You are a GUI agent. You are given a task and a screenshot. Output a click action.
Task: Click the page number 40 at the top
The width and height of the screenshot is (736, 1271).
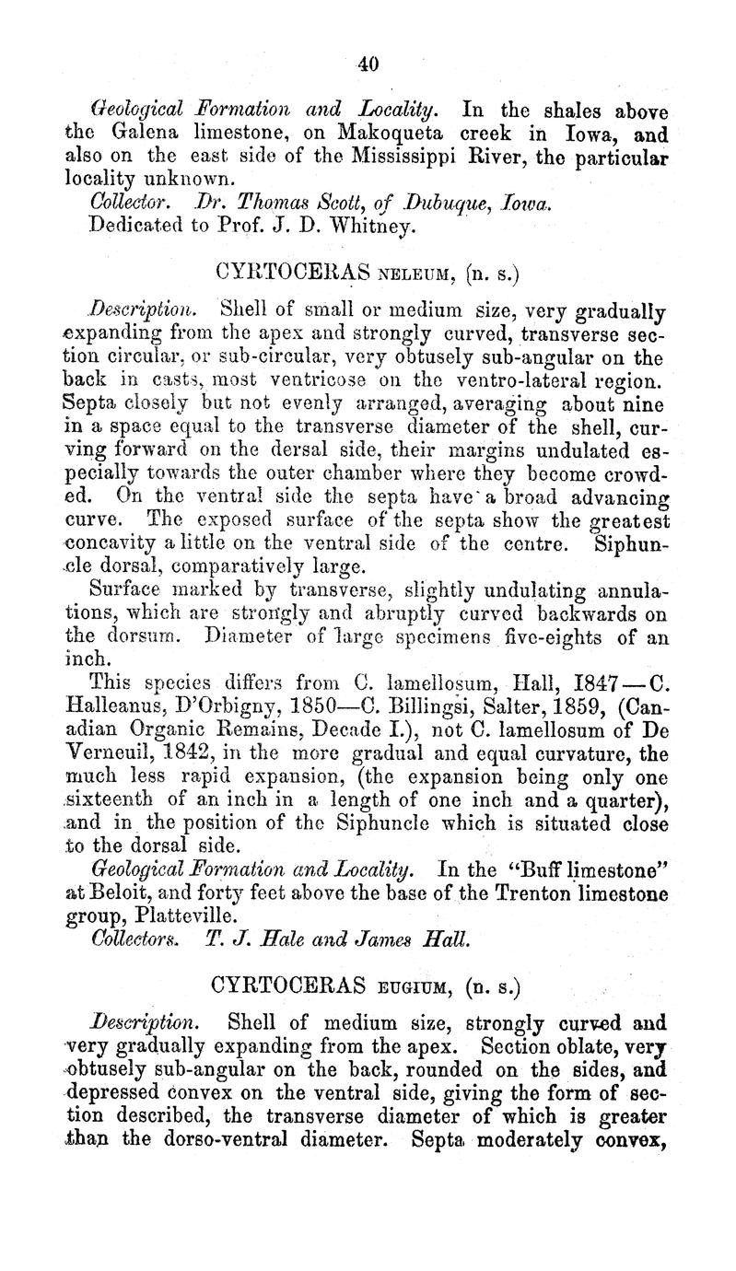tap(368, 64)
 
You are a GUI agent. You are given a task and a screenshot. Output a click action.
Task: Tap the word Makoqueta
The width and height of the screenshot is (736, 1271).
tap(377, 133)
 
